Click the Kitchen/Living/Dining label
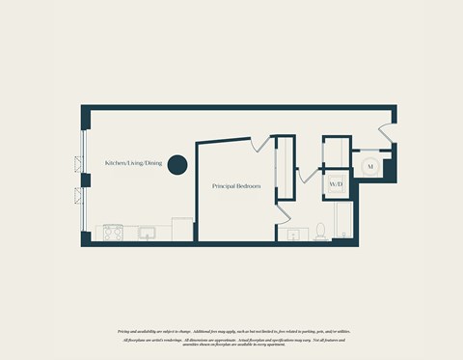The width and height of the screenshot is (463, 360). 134,164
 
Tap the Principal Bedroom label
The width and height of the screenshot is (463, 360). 236,183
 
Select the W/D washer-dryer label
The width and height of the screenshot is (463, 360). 336,183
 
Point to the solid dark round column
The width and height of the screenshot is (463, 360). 177,165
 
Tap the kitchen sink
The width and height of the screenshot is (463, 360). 148,233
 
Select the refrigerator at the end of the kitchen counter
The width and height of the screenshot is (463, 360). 183,230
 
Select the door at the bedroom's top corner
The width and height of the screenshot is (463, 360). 255,144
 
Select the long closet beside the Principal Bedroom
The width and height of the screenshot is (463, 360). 284,169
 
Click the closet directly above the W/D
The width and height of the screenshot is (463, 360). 337,154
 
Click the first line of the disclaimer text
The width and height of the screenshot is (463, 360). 231,331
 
